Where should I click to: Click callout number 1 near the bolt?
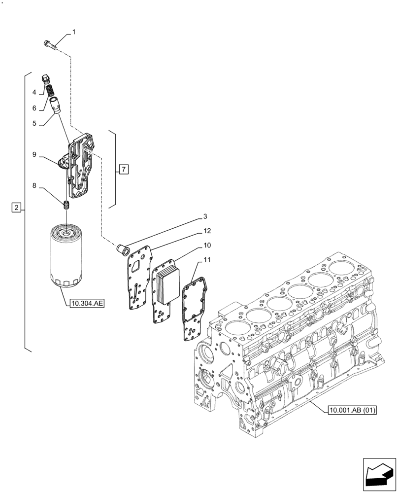[x=74, y=33]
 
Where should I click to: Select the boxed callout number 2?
[x=16, y=208]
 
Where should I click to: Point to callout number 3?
[x=204, y=216]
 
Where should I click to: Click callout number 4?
[x=34, y=92]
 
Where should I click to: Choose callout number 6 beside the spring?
[x=34, y=107]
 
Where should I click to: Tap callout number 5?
[x=34, y=124]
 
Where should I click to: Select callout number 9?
[x=34, y=155]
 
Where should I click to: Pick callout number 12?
[x=208, y=231]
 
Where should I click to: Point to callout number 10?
[x=208, y=245]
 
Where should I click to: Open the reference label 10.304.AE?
[x=87, y=304]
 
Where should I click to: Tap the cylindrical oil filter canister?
[x=65, y=256]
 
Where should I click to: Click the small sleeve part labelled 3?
[x=121, y=248]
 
